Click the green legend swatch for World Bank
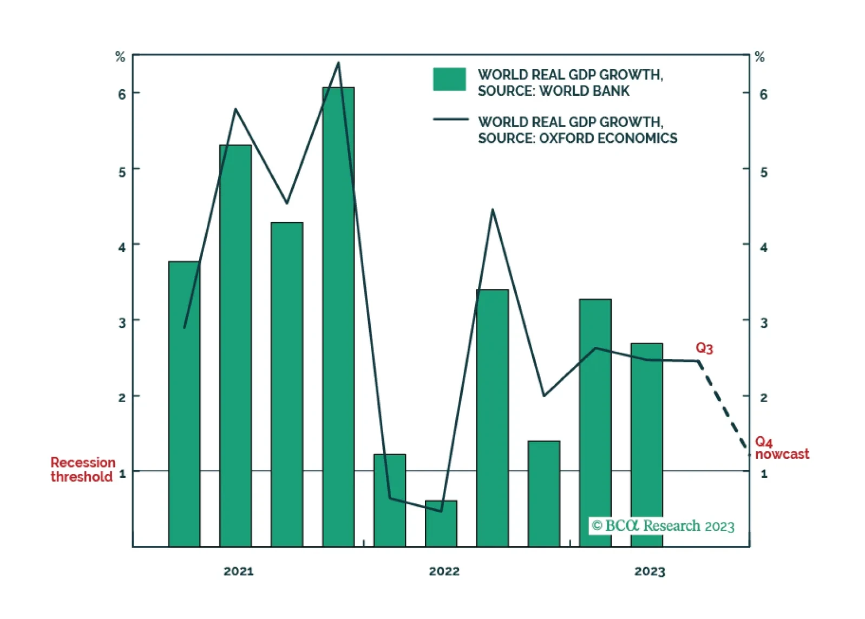[x=449, y=79]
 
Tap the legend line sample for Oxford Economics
[x=450, y=120]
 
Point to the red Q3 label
[x=704, y=348]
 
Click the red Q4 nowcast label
[x=781, y=449]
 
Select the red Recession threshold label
[x=83, y=469]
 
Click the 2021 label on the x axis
[x=238, y=571]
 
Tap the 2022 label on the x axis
[x=444, y=571]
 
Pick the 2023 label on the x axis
[x=650, y=571]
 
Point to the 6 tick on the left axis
[x=122, y=95]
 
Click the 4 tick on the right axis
[x=764, y=248]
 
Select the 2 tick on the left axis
[x=122, y=398]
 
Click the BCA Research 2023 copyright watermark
[x=663, y=526]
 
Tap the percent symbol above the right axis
[x=760, y=57]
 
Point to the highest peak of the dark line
[x=338, y=63]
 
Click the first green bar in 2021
[x=184, y=404]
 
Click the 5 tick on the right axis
[x=764, y=173]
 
